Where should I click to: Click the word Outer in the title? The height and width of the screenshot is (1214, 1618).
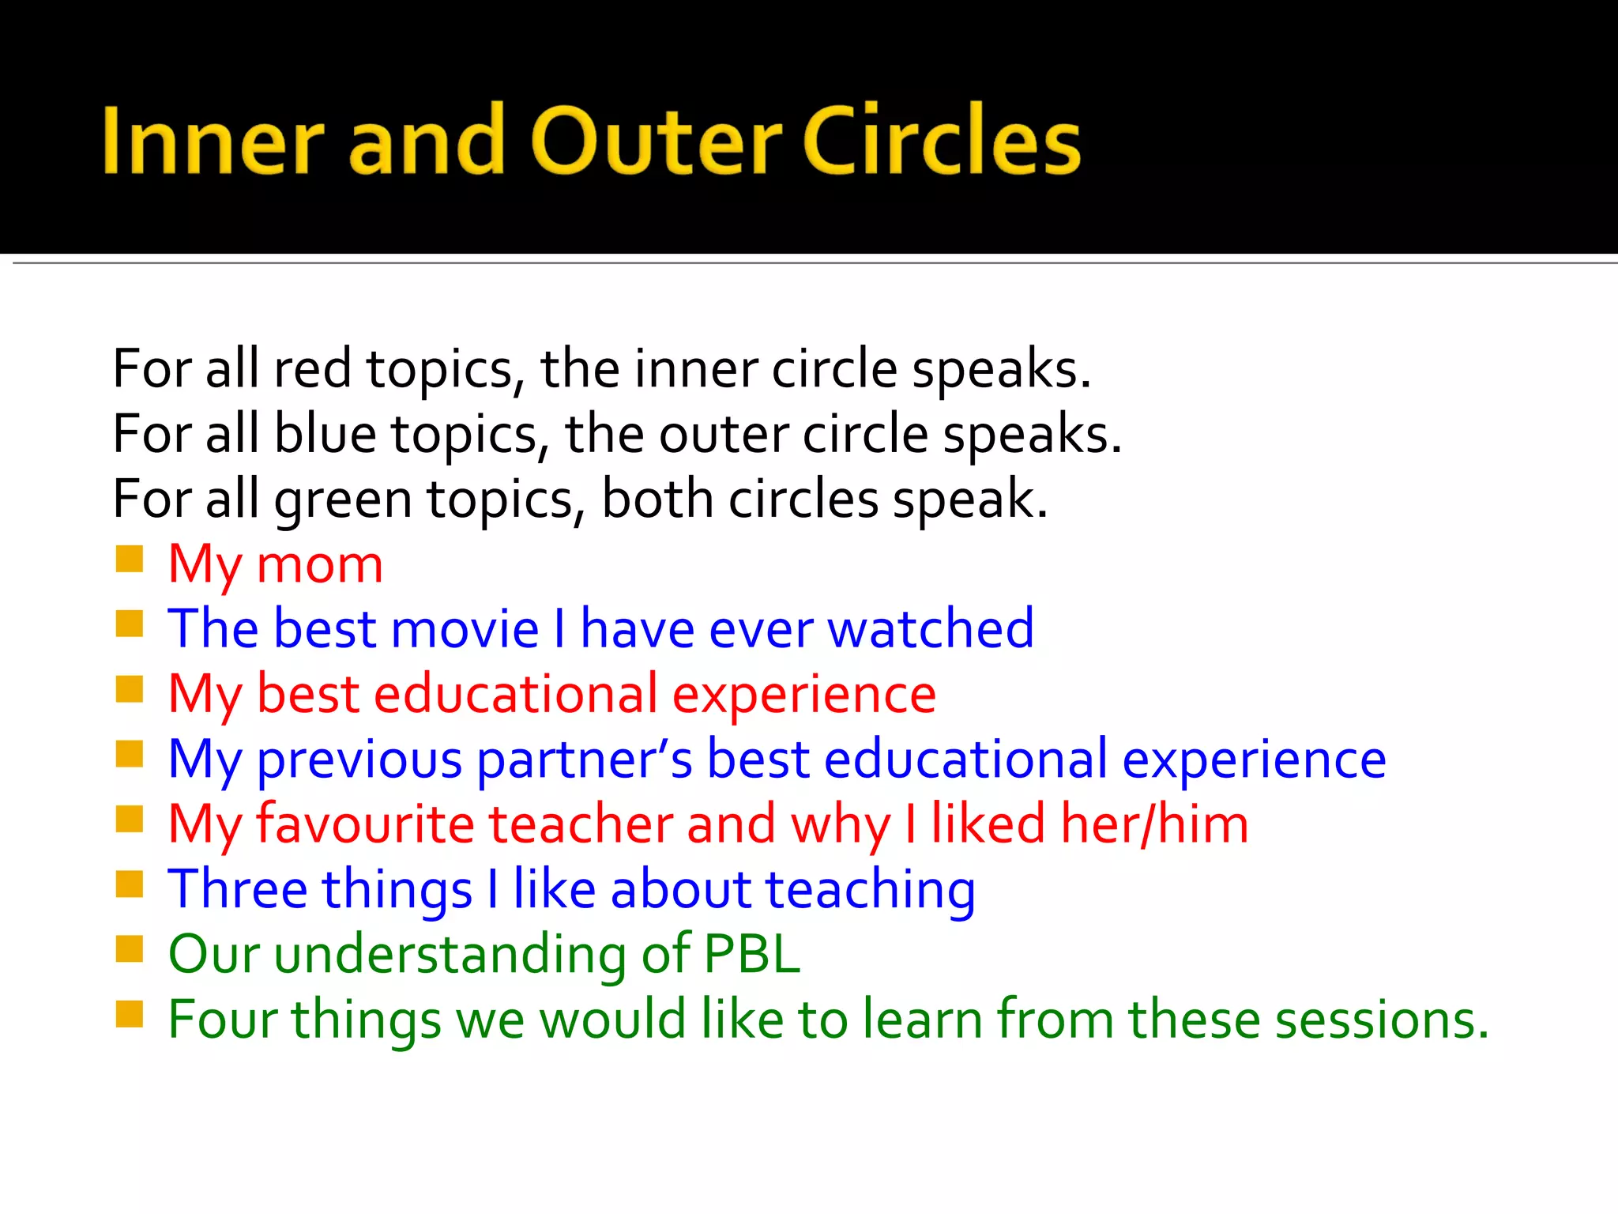pyautogui.click(x=657, y=141)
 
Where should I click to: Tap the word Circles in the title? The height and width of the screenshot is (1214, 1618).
pyautogui.click(x=942, y=141)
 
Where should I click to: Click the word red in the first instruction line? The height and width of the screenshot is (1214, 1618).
pyautogui.click(x=312, y=370)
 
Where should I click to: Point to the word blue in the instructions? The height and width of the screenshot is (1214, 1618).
pyautogui.click(x=325, y=435)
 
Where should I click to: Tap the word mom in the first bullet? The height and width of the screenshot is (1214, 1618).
pyautogui.click(x=320, y=566)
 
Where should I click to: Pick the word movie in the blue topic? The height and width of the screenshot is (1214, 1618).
pyautogui.click(x=465, y=630)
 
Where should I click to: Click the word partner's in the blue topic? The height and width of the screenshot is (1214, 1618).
pyautogui.click(x=585, y=760)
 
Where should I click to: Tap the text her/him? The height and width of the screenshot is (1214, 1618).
pyautogui.click(x=1153, y=825)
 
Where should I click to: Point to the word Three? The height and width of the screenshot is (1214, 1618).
pyautogui.click(x=238, y=890)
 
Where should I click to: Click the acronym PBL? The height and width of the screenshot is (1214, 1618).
pyautogui.click(x=751, y=955)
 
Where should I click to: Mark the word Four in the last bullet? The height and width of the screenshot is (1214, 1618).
pyautogui.click(x=223, y=1020)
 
